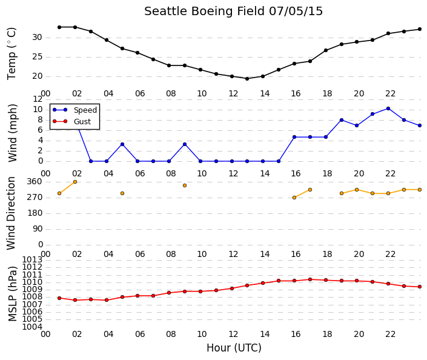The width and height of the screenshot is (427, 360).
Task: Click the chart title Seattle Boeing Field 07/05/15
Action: (x=233, y=12)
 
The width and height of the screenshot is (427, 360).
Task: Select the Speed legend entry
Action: (x=75, y=110)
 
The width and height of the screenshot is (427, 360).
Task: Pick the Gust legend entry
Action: (x=71, y=121)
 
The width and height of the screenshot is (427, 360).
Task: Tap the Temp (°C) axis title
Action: (x=12, y=53)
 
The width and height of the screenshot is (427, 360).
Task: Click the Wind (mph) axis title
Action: (x=13, y=133)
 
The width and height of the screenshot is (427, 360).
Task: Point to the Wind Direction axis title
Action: (x=11, y=213)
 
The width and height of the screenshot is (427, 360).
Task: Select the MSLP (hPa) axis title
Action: (x=13, y=293)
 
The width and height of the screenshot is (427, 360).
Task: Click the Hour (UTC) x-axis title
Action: (x=234, y=348)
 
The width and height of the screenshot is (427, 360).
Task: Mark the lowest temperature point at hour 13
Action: (x=247, y=79)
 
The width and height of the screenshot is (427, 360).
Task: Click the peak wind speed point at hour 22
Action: (x=388, y=108)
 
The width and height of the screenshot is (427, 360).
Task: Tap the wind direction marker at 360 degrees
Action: (x=75, y=182)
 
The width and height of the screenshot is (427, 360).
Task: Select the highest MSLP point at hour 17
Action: (x=310, y=279)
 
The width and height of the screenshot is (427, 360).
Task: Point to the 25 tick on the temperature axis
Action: (x=38, y=57)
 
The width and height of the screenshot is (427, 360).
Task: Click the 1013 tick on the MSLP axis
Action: (x=33, y=259)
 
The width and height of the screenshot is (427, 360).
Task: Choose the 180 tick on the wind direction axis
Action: (x=35, y=213)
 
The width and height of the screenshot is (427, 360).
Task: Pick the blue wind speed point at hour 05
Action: (x=122, y=144)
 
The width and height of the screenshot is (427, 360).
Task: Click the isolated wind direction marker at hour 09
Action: (x=185, y=185)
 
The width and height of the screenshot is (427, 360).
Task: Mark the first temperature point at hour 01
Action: (x=59, y=27)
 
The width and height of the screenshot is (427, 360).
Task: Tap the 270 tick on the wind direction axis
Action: (x=35, y=197)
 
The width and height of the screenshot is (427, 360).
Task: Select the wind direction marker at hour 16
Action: (x=294, y=198)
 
